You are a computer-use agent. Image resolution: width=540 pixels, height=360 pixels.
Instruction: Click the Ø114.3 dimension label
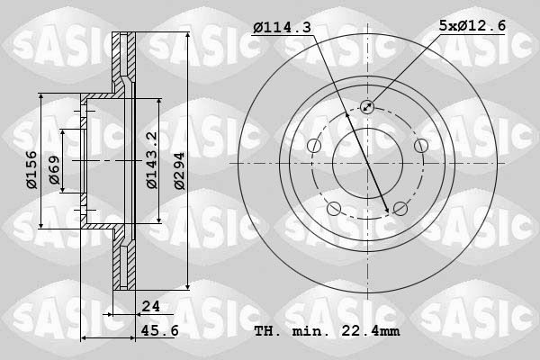pos(282,28)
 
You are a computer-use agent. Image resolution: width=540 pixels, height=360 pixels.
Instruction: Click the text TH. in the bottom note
pos(267,330)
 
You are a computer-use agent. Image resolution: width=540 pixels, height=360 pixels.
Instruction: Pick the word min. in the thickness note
pos(309,330)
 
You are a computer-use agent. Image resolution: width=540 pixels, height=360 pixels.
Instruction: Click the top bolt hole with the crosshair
pos(367,108)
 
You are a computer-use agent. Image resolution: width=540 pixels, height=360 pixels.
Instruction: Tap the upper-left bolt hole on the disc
pos(313,147)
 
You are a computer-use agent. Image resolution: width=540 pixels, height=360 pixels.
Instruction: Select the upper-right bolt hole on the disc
pos(420,147)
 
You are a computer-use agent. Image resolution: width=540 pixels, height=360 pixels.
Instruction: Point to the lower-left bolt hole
pos(334,210)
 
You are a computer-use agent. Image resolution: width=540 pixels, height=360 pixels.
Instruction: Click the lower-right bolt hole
pos(400,210)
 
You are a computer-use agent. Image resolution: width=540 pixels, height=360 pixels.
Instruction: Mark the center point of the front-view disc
pos(367,165)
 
